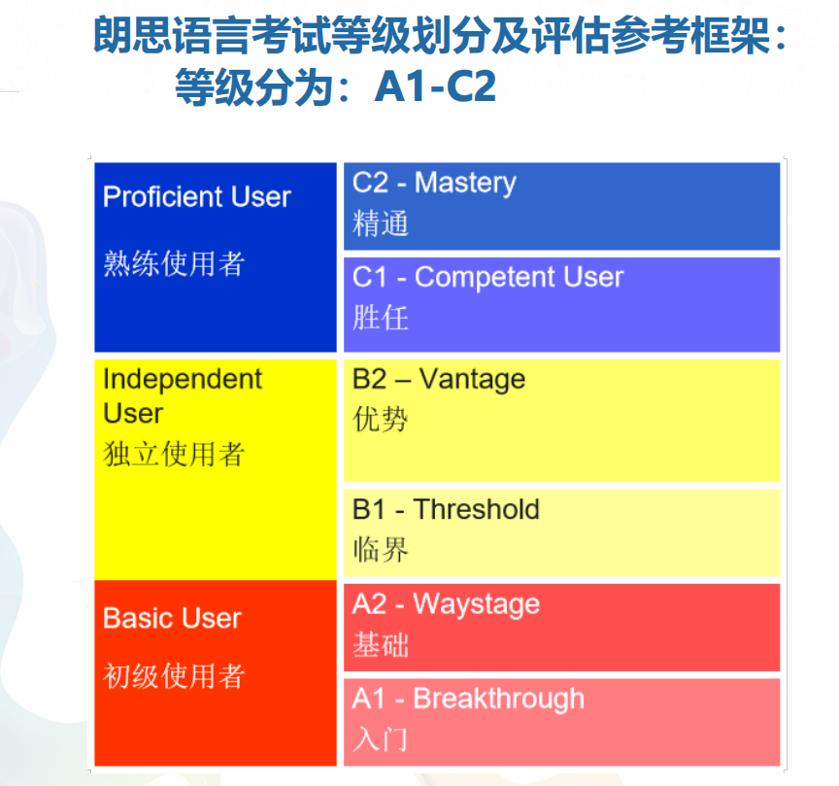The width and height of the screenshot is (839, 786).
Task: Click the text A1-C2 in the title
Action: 436,86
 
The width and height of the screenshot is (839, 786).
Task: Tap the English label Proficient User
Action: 197,196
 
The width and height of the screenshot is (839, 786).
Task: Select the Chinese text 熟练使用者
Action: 174,263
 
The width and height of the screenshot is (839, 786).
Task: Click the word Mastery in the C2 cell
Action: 465,184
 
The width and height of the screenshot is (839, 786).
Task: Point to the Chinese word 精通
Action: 381,223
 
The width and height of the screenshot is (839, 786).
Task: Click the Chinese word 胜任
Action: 381,318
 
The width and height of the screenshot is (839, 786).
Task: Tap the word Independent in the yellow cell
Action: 183,380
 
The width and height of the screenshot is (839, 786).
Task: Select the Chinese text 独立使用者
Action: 174,454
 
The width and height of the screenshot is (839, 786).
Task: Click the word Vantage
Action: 472,380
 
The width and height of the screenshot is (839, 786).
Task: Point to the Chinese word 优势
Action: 381,419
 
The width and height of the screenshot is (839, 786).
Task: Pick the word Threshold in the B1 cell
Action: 476,509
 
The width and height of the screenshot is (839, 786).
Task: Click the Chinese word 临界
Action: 381,550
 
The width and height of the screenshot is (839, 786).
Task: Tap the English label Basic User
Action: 172,618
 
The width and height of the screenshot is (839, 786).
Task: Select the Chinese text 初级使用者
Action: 174,675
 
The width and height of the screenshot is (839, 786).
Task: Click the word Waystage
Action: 476,605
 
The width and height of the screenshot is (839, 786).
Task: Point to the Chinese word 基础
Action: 381,645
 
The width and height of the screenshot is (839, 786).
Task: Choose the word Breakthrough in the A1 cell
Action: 499,700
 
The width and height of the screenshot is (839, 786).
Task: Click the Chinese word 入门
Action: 381,739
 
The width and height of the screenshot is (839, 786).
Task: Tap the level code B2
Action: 369,379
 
